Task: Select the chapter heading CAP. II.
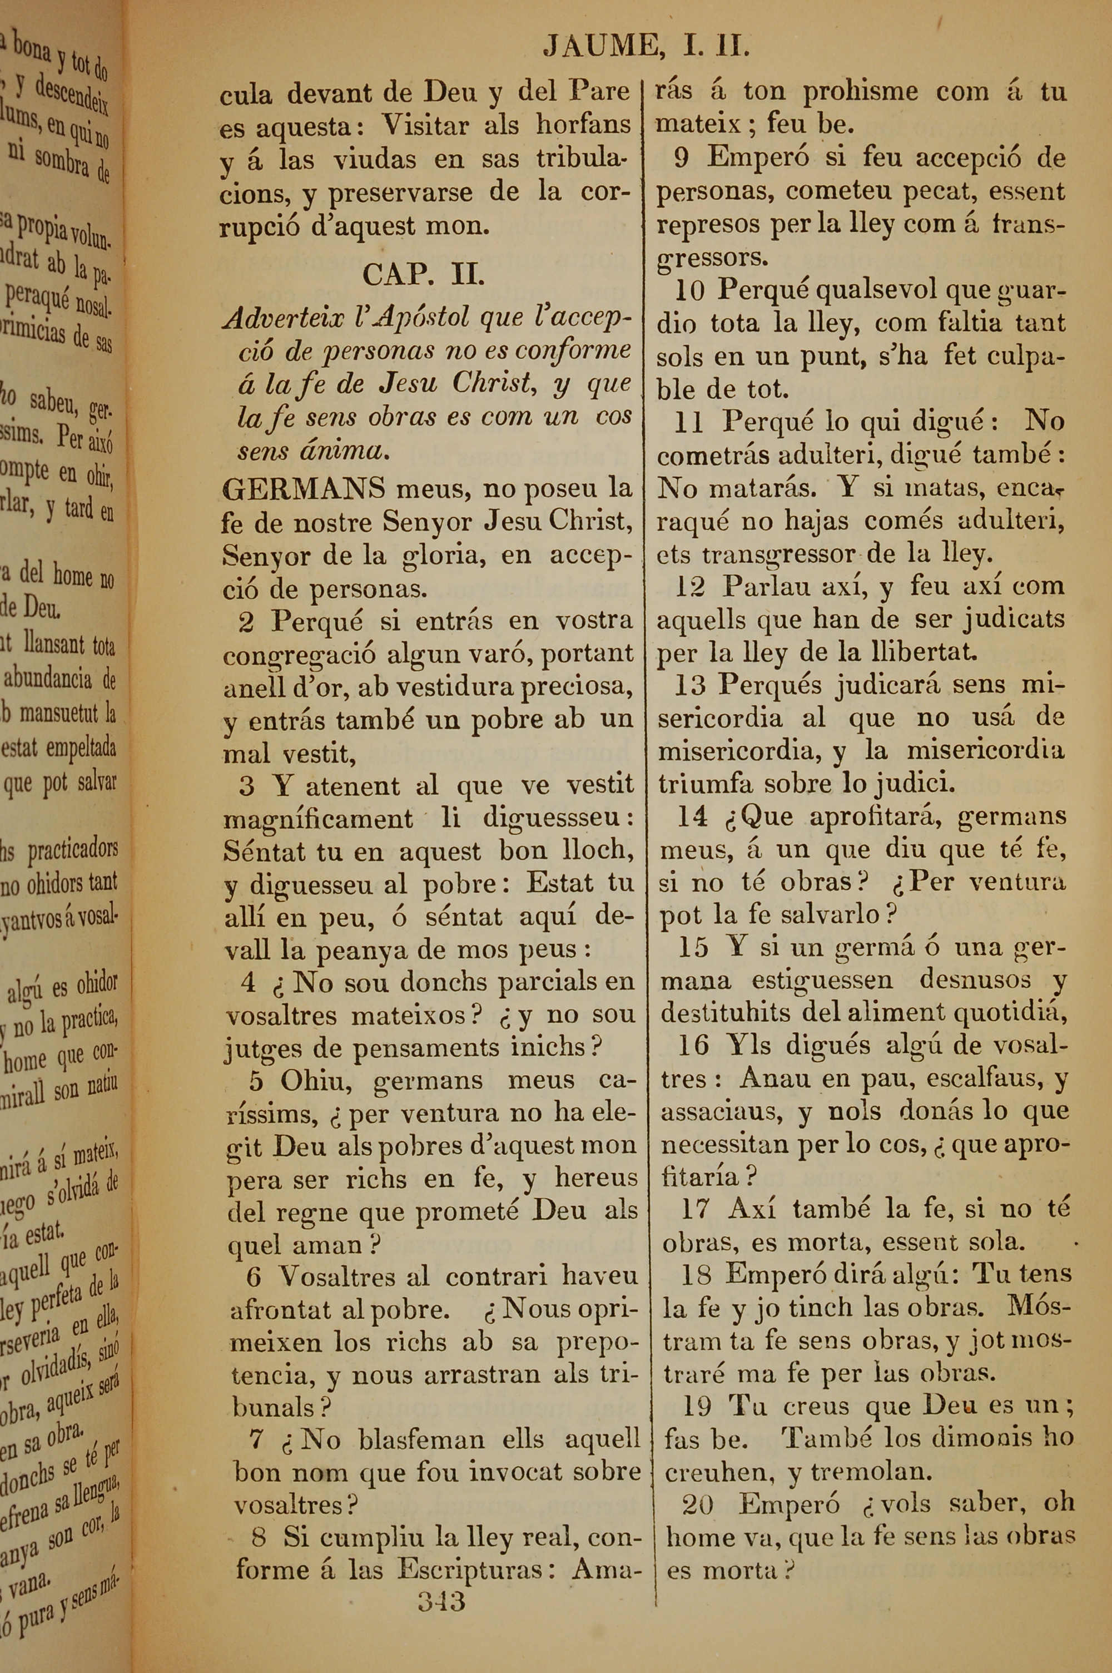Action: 423,274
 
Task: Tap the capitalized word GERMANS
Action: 304,488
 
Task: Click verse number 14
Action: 692,816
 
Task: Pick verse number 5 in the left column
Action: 256,1082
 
